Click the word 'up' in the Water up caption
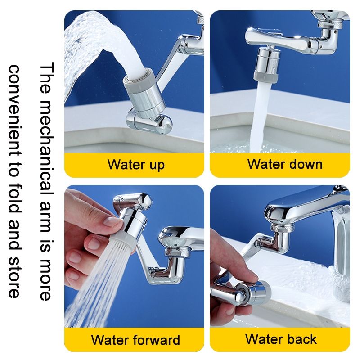[157, 165]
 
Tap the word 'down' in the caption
[306, 164]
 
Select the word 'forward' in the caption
[156, 340]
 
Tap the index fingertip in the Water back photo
[252, 278]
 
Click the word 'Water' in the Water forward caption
[109, 340]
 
